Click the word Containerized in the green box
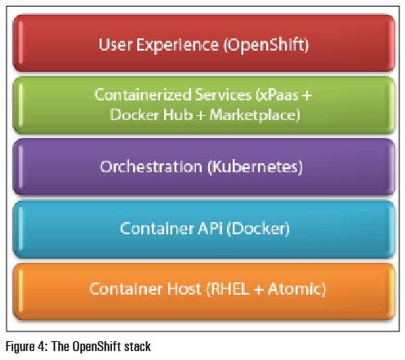point(134,96)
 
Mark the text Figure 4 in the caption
point(22,347)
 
